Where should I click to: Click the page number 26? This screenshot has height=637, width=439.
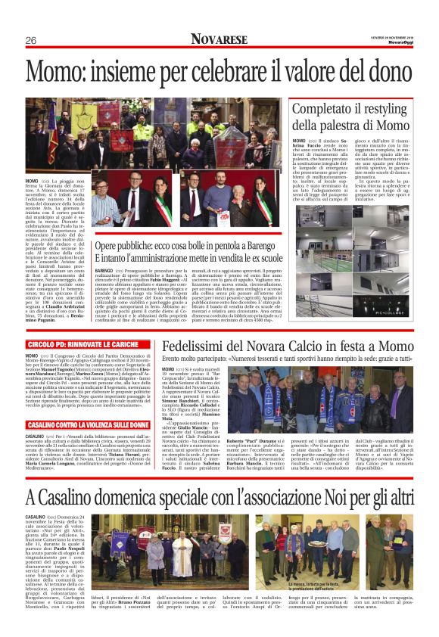click(32, 40)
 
